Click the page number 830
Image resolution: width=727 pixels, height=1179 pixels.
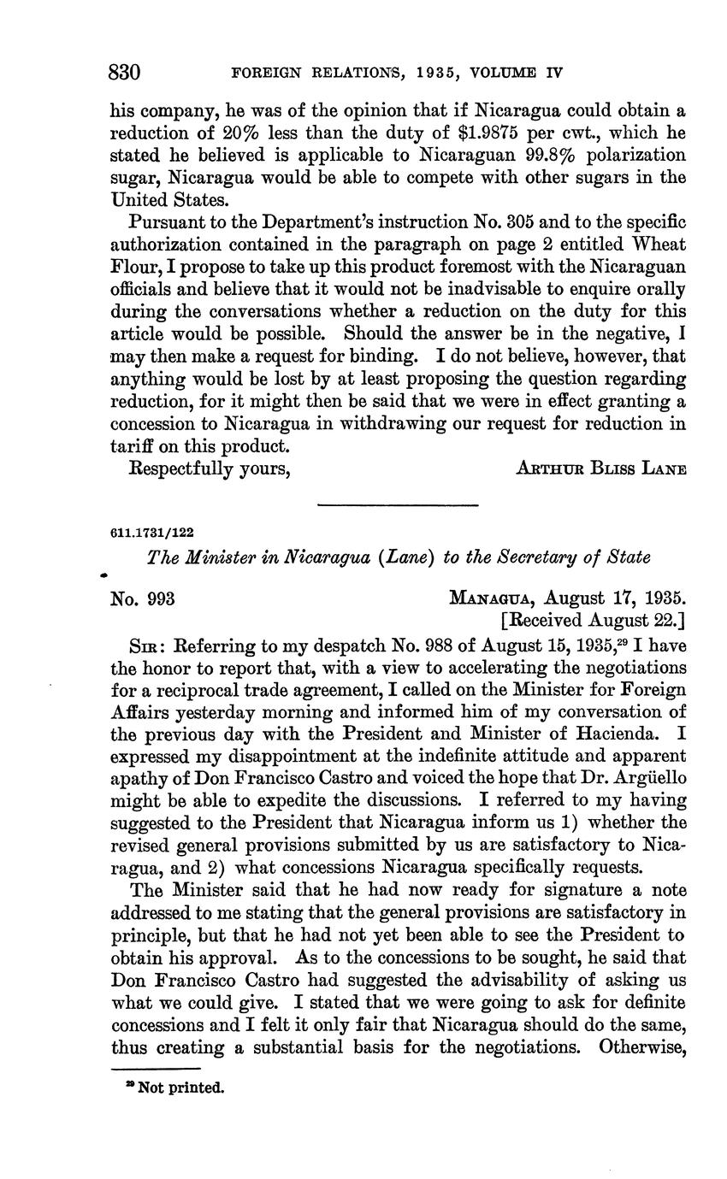click(x=125, y=73)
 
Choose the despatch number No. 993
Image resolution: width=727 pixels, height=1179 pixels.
click(x=143, y=598)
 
